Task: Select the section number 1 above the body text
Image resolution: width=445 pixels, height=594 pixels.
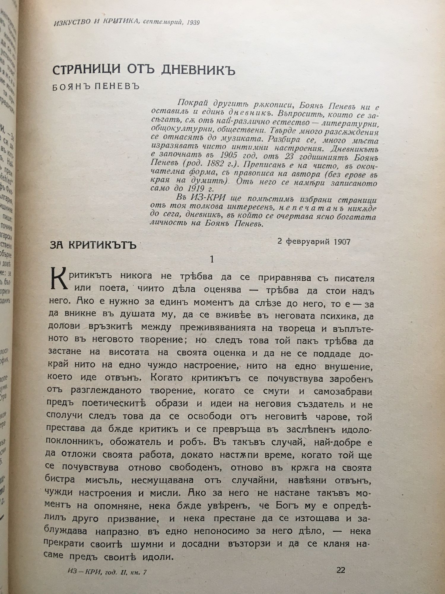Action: (x=212, y=259)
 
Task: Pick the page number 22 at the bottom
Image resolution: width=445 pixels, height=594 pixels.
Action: (x=341, y=570)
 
